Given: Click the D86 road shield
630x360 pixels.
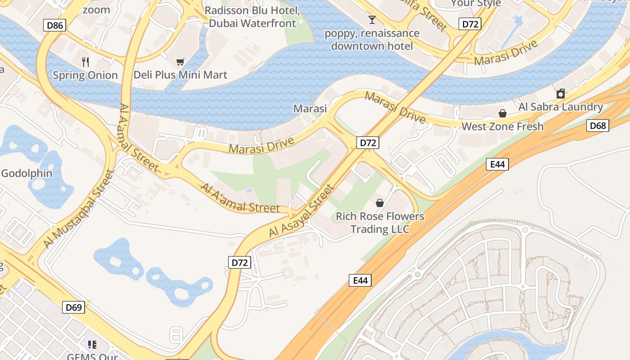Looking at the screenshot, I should [x=55, y=25].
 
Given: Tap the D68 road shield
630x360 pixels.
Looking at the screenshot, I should [x=598, y=126].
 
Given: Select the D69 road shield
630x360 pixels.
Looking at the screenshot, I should [x=74, y=307].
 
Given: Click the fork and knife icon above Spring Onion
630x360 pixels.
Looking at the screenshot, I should [x=85, y=62].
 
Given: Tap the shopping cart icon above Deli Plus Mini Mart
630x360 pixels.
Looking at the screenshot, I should [x=180, y=62].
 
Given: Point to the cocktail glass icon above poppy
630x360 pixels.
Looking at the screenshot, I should [x=372, y=19].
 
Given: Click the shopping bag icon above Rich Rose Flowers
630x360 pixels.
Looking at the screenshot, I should [x=380, y=203].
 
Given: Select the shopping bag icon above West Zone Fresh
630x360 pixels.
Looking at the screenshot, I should [x=502, y=113].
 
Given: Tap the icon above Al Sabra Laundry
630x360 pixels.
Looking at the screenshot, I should [x=561, y=94].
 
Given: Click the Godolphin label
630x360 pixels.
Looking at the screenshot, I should [x=27, y=173].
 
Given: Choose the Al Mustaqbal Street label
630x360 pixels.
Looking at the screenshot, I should [x=79, y=209].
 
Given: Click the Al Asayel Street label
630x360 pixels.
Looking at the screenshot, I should [x=302, y=211].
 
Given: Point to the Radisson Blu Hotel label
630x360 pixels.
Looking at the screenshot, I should [x=252, y=17].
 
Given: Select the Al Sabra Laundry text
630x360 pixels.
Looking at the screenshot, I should [x=560, y=107].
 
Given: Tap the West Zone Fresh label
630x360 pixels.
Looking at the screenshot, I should [x=503, y=126].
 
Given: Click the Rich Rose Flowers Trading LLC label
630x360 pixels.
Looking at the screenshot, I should [x=380, y=223].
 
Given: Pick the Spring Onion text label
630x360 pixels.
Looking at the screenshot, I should [x=85, y=75].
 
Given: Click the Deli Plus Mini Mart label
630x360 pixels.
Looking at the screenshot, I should [x=180, y=75].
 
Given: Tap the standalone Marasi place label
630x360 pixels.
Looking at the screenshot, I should [x=310, y=108].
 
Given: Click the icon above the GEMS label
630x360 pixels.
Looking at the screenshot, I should [x=92, y=345].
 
